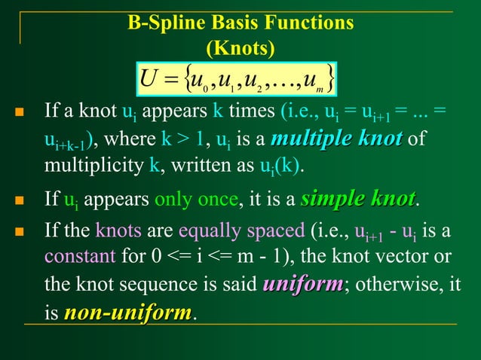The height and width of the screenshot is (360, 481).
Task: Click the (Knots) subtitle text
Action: pyautogui.click(x=240, y=48)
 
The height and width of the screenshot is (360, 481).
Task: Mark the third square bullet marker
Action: pyautogui.click(x=20, y=230)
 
